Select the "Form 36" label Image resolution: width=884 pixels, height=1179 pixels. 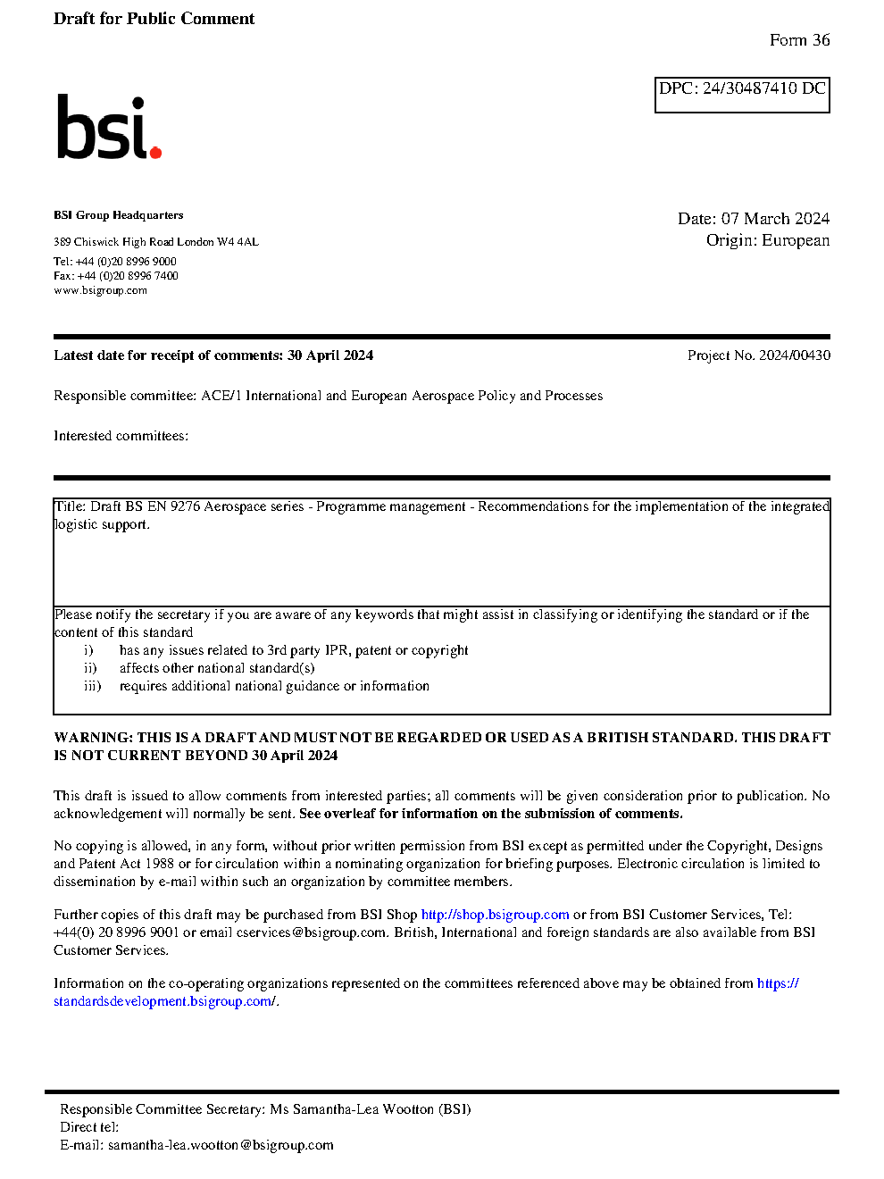pyautogui.click(x=799, y=40)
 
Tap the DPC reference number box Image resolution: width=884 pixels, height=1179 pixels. pyautogui.click(x=742, y=95)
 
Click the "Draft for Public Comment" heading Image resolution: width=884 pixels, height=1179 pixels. pyautogui.click(x=154, y=19)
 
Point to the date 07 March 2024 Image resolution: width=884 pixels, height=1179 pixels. pyautogui.click(x=775, y=219)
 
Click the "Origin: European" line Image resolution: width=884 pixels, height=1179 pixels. pyautogui.click(x=767, y=240)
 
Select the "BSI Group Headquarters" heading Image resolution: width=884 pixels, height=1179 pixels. pyautogui.click(x=118, y=215)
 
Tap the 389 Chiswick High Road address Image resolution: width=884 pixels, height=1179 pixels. pyautogui.click(x=155, y=242)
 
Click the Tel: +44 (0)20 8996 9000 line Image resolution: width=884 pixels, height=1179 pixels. pyautogui.click(x=114, y=262)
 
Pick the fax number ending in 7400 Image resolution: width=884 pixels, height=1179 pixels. pyautogui.click(x=115, y=276)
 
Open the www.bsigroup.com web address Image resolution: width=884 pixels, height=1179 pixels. pyautogui.click(x=100, y=290)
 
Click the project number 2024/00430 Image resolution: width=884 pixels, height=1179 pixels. pyautogui.click(x=794, y=355)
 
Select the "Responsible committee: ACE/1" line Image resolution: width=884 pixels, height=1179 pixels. pyautogui.click(x=328, y=396)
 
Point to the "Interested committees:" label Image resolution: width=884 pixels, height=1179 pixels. pyautogui.click(x=121, y=436)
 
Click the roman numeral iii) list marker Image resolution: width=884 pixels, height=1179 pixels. pyautogui.click(x=92, y=686)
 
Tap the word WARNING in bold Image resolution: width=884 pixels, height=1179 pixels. pyautogui.click(x=93, y=738)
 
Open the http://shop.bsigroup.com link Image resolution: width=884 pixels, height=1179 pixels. pyautogui.click(x=495, y=915)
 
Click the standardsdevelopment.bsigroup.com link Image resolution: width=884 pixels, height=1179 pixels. pyautogui.click(x=163, y=1001)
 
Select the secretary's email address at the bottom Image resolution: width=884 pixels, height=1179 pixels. pyautogui.click(x=221, y=1145)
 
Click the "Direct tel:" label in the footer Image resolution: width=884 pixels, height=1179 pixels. pyautogui.click(x=88, y=1127)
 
